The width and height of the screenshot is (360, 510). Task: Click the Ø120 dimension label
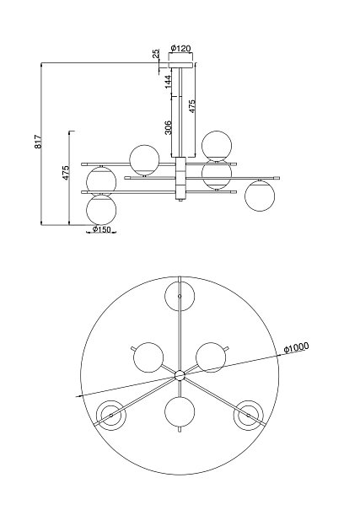point(180,48)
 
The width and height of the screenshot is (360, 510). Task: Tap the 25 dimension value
point(156,53)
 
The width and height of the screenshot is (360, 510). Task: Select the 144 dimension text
point(168,82)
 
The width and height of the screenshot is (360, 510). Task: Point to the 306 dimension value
point(168,127)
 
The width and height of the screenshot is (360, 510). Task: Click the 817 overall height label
point(39,142)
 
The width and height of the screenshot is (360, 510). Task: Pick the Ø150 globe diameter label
point(101,229)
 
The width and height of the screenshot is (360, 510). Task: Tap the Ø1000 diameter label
point(296,347)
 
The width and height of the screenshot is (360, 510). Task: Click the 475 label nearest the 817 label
point(66,173)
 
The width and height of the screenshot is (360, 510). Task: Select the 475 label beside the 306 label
point(192,106)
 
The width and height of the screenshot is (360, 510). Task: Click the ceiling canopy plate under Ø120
point(180,65)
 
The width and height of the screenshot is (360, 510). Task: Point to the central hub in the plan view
point(180,375)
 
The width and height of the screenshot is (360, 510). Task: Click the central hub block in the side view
point(180,178)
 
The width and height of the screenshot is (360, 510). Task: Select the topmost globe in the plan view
point(180,297)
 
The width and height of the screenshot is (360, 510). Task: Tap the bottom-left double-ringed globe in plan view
point(111,416)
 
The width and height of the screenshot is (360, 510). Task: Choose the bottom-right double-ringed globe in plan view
point(249,416)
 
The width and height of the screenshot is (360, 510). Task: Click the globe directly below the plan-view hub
point(180,411)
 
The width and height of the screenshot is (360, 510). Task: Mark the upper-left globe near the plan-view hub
point(148,357)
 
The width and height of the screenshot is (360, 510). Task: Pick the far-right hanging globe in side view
point(261,196)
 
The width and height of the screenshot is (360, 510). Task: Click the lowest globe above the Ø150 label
point(101,210)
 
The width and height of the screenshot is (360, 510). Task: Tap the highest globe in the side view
point(217,146)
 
